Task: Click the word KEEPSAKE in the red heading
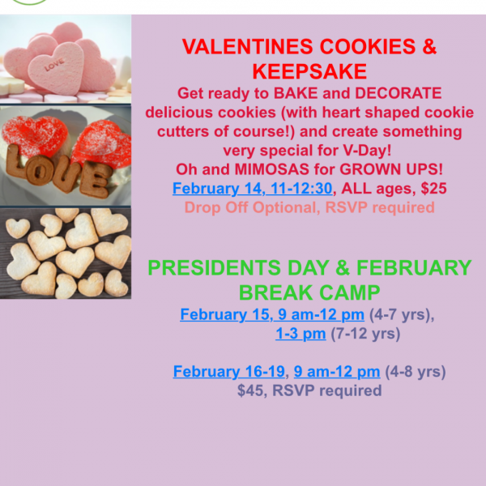tap(309, 71)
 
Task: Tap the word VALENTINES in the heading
tap(248, 46)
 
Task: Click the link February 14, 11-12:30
tap(252, 189)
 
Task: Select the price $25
tap(433, 189)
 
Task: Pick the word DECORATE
tap(399, 93)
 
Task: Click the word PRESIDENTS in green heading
tap(214, 268)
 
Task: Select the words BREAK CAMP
tap(309, 292)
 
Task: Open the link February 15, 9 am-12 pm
tap(272, 314)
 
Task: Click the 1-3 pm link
tap(301, 334)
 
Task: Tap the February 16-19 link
tap(229, 371)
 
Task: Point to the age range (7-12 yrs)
tap(366, 334)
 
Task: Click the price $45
tap(250, 390)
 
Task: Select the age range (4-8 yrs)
tap(416, 372)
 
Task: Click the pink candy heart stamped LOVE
tap(56, 68)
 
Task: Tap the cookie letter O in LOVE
tap(39, 170)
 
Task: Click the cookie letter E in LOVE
tap(96, 180)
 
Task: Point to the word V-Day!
tap(367, 151)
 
